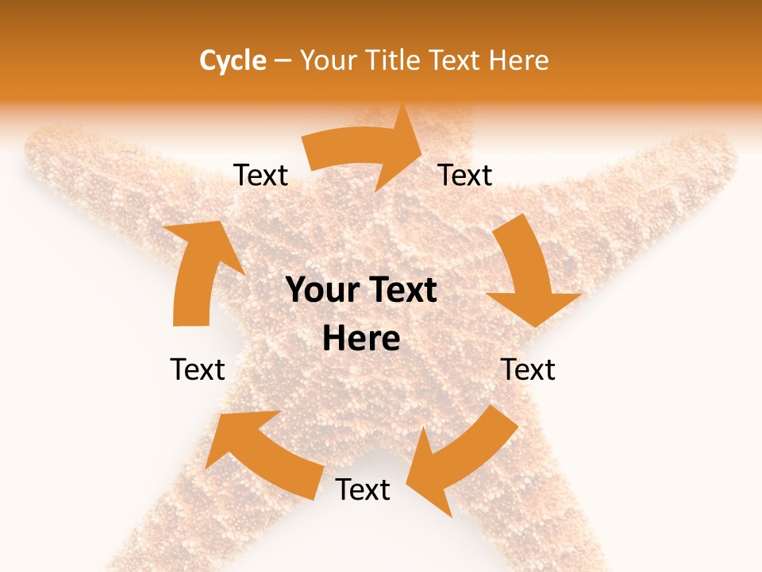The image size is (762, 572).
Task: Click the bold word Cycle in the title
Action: (x=232, y=60)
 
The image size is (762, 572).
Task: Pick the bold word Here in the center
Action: (x=361, y=339)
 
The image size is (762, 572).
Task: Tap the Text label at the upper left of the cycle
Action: (x=260, y=176)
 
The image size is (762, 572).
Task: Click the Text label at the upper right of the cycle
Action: (x=465, y=176)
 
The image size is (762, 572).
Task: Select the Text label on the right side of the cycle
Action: (x=528, y=370)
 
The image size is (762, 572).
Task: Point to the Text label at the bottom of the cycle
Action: (x=363, y=490)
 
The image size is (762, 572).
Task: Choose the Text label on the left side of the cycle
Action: (x=198, y=370)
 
